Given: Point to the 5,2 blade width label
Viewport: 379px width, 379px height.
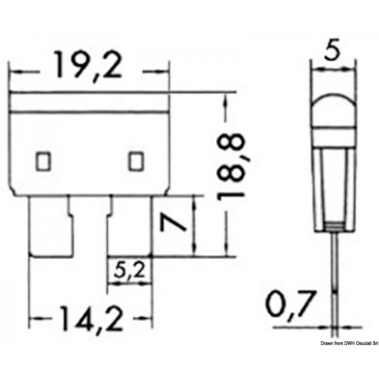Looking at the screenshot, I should (132, 272).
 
